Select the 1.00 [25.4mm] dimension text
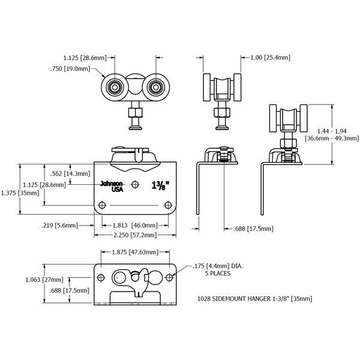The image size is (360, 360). [266, 58]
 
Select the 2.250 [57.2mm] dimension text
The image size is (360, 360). [131, 235]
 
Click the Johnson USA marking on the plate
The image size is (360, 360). [112, 186]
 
